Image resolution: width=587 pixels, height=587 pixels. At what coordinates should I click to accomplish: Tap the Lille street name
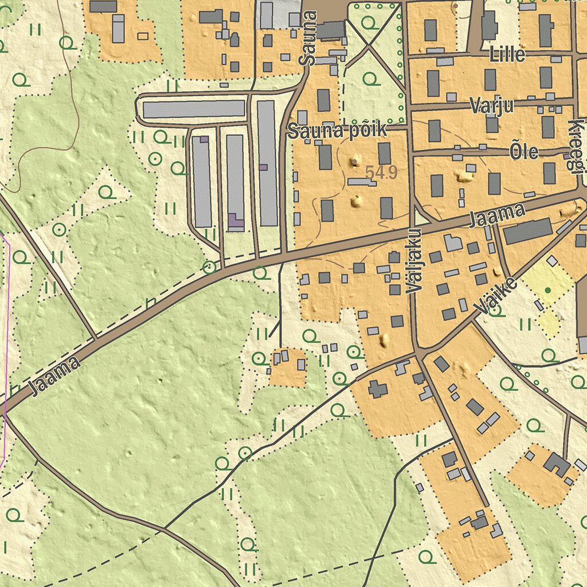click(507, 54)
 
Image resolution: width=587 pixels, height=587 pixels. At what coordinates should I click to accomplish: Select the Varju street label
click(491, 105)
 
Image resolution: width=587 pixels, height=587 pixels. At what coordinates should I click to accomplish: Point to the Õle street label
click(524, 151)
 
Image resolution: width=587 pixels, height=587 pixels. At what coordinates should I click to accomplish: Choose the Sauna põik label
click(337, 131)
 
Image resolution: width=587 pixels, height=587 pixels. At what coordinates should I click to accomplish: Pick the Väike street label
click(496, 298)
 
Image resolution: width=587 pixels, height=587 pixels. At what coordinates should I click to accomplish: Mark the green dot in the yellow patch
click(548, 291)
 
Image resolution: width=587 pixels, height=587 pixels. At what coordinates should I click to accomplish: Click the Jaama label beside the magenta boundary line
click(55, 376)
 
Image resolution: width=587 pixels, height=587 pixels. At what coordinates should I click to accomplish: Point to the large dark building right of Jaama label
click(528, 230)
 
